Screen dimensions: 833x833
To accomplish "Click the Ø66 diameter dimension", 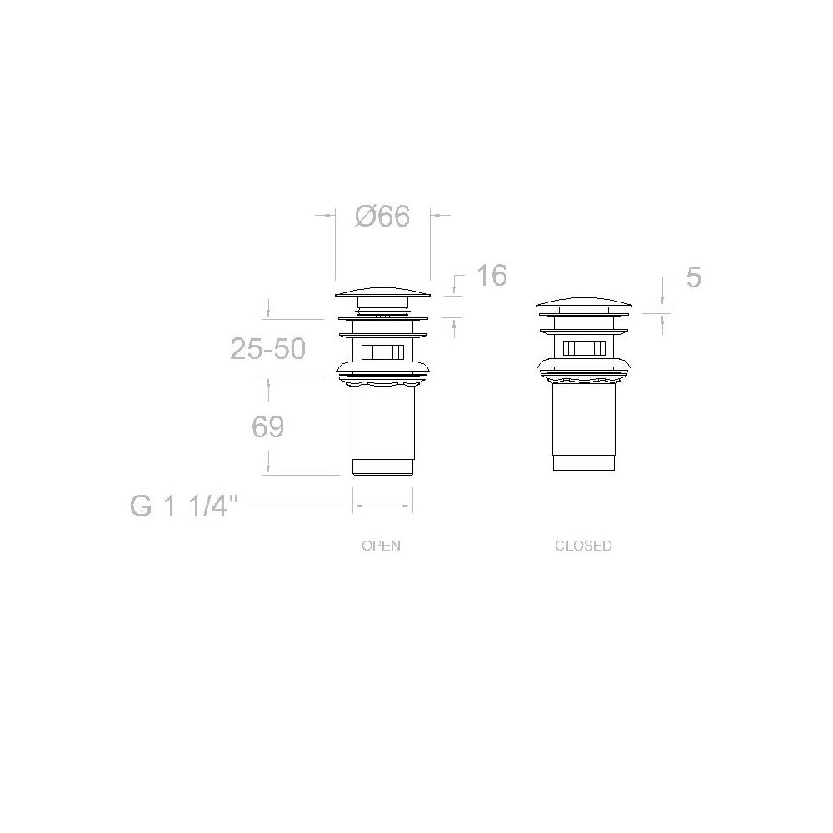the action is click(382, 217).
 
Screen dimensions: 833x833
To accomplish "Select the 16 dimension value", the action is click(491, 275).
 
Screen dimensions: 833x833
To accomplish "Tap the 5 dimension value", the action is click(693, 277).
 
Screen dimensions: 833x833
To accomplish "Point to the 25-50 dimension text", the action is click(267, 349).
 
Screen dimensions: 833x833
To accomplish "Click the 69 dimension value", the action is click(267, 426).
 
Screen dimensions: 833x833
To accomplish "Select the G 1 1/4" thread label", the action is click(183, 506).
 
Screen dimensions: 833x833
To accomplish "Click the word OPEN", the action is click(381, 546).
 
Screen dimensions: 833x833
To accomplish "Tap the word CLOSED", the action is click(583, 546).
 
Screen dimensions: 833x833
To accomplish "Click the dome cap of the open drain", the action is click(382, 292).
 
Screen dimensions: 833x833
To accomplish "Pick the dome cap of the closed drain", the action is click(585, 304).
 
